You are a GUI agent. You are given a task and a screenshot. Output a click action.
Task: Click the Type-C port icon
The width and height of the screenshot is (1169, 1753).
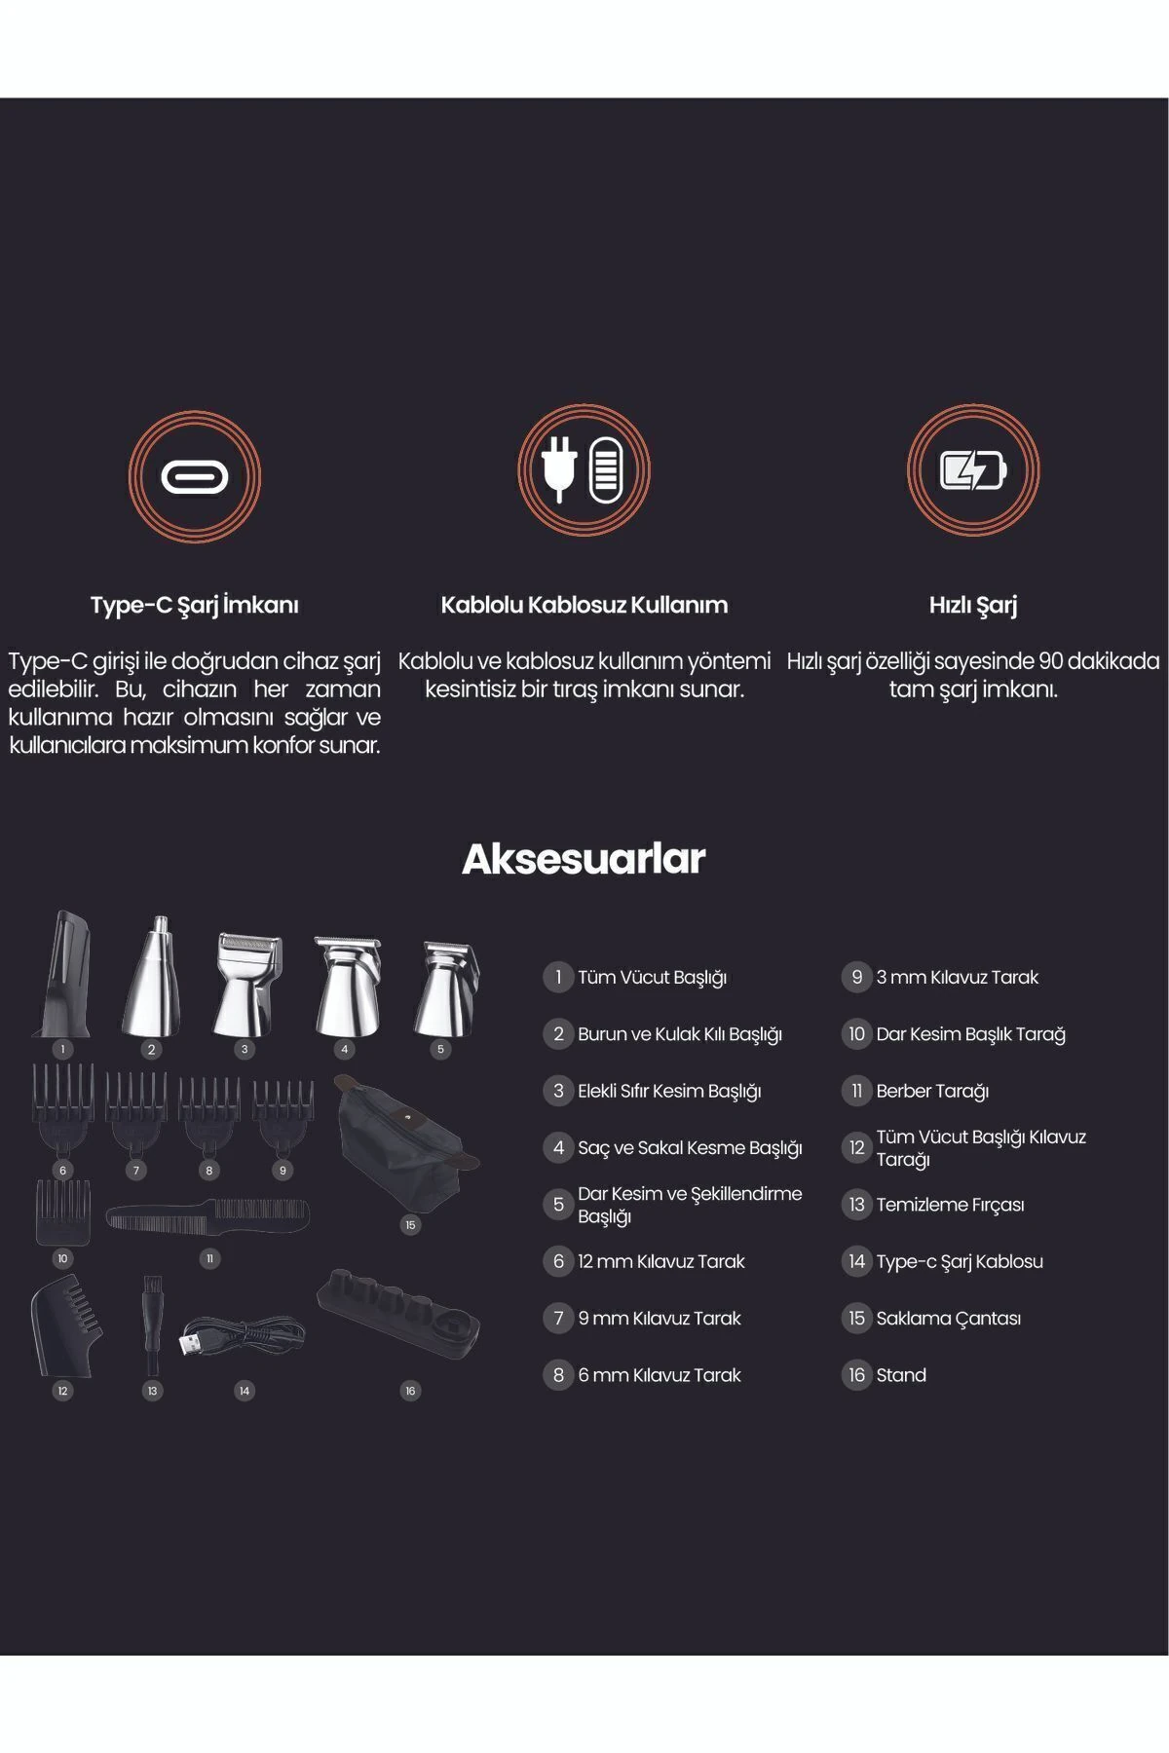pyautogui.click(x=194, y=476)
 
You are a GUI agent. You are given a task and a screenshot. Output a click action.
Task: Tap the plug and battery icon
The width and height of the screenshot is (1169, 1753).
pyautogui.click(x=584, y=471)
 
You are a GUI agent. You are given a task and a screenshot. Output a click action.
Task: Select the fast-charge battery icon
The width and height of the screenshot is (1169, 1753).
pyautogui.click(x=972, y=471)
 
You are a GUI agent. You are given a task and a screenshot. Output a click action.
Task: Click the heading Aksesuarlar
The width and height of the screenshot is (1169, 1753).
pyautogui.click(x=584, y=859)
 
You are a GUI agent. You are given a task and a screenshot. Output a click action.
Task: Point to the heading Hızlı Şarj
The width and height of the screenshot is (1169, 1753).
pyautogui.click(x=972, y=605)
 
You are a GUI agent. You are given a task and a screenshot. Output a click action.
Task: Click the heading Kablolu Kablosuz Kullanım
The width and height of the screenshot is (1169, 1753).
pyautogui.click(x=584, y=605)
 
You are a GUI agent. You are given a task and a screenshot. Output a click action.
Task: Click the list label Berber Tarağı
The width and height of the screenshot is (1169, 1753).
pyautogui.click(x=932, y=1091)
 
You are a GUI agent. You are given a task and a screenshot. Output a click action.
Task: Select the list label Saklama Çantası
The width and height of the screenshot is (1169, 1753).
pyautogui.click(x=948, y=1319)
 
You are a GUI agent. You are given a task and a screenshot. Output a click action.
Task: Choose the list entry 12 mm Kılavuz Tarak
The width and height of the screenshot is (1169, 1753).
pyautogui.click(x=660, y=1261)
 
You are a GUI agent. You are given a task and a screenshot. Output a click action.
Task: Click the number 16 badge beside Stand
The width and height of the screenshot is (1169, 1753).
pyautogui.click(x=856, y=1375)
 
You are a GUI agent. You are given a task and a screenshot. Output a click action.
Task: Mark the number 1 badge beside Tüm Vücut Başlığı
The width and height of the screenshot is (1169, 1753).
pyautogui.click(x=558, y=977)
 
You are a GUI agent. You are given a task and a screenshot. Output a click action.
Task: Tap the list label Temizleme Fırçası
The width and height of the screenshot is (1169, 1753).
pyautogui.click(x=950, y=1205)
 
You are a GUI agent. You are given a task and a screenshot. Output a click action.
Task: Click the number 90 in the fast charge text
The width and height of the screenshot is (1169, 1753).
pyautogui.click(x=1051, y=661)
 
